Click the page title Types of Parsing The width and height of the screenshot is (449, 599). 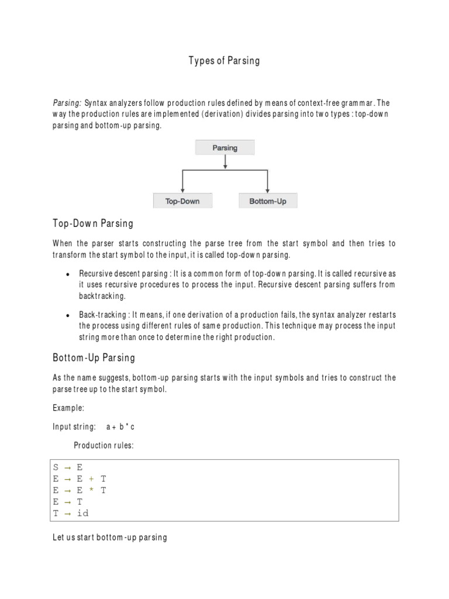[x=224, y=61]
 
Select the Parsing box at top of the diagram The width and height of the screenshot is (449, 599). [x=224, y=148]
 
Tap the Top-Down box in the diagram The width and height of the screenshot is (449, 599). [x=183, y=201]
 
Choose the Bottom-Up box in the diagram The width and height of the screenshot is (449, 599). [x=268, y=201]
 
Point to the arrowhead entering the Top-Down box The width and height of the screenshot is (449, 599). [x=183, y=190]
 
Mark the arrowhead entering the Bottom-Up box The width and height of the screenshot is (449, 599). [x=268, y=190]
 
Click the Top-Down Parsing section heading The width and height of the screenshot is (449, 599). [x=93, y=223]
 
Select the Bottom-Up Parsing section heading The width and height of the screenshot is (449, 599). [x=94, y=357]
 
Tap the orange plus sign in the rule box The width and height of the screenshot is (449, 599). [x=91, y=480]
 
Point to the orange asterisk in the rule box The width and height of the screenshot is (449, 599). [x=91, y=491]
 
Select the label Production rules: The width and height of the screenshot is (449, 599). [x=103, y=446]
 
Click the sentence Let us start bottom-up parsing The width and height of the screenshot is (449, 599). [x=110, y=537]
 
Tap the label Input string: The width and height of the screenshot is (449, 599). [x=74, y=427]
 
